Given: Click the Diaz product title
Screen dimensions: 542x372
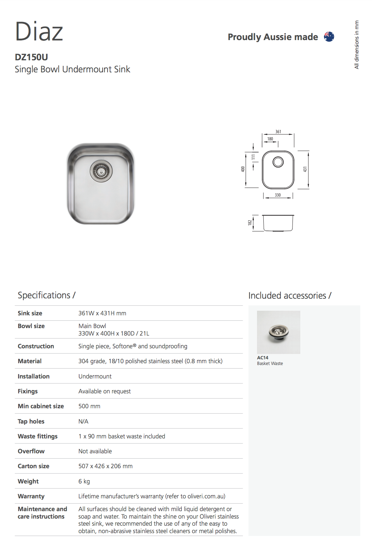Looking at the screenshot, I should (39, 31).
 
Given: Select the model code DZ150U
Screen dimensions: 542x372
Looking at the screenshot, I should (31, 57).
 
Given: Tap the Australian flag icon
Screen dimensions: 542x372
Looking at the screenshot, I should (329, 37).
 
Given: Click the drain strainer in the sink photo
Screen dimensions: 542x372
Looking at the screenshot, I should (101, 171).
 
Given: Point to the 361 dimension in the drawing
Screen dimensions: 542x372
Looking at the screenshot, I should (278, 132).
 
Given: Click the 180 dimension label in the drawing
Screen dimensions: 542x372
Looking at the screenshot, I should (270, 139).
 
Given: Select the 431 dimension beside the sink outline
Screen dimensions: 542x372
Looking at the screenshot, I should (305, 170).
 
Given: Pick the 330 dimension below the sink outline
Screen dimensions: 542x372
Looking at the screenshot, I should (278, 195).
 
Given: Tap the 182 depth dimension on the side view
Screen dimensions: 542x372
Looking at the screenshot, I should (250, 223).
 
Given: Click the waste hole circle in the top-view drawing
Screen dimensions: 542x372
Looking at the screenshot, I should (278, 162).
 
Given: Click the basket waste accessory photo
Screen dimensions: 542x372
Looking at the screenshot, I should (279, 332).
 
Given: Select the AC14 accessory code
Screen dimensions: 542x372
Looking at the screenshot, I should (263, 358).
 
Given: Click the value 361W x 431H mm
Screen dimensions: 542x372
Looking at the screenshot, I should (102, 313).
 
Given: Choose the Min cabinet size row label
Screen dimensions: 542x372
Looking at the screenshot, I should (41, 406).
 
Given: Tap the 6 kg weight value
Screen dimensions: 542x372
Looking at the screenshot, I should (84, 481).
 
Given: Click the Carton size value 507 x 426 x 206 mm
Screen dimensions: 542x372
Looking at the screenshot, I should (105, 466).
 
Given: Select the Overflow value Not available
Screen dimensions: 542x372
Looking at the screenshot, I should (95, 451).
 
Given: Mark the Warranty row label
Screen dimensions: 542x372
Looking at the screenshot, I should (31, 496).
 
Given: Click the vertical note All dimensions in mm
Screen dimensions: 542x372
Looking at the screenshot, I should (357, 45).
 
